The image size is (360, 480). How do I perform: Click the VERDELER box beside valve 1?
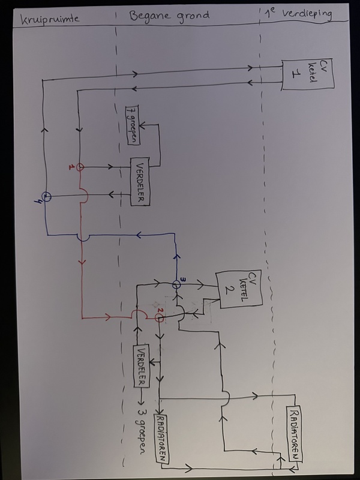(140, 182)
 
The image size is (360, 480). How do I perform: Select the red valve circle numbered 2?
(159, 318)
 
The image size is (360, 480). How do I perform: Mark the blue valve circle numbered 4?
(47, 196)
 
